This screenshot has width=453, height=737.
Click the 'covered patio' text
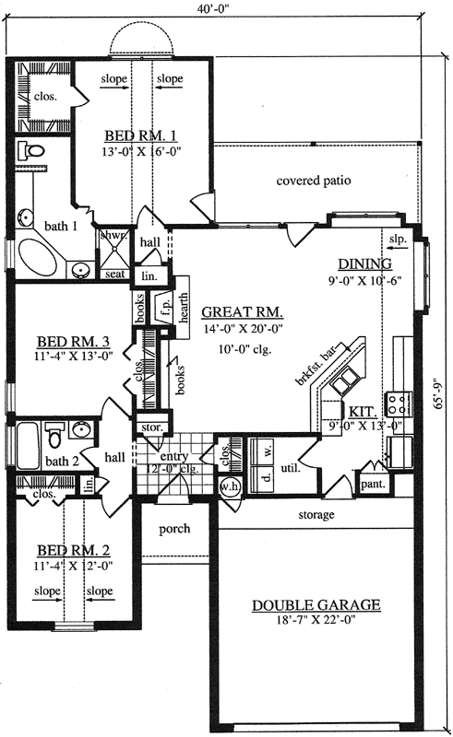(x=314, y=181)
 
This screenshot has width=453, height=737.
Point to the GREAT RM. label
(x=243, y=311)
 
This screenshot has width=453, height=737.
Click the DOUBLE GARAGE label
(x=316, y=605)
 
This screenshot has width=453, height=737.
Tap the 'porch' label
(x=175, y=529)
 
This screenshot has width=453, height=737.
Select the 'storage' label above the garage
(x=316, y=514)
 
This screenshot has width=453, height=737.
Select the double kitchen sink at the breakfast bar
(x=345, y=379)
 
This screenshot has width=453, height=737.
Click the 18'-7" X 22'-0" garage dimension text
(x=316, y=622)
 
